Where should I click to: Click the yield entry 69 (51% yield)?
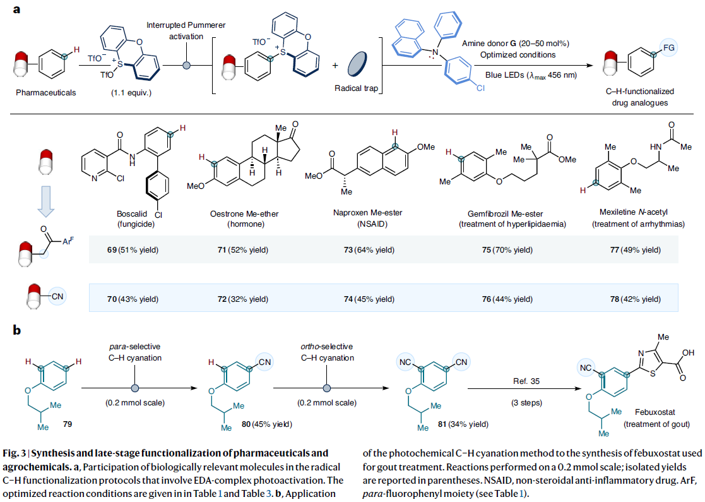131,250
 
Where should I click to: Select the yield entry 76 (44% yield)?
508,298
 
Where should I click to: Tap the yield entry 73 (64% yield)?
369,250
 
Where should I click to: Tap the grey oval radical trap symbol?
357,64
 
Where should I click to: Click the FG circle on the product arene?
668,46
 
